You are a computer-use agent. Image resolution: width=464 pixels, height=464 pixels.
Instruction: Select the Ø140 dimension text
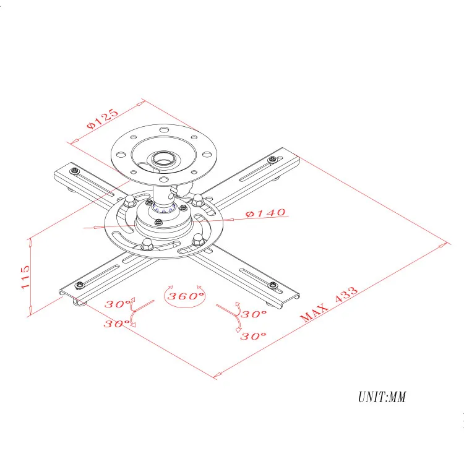coord(265,213)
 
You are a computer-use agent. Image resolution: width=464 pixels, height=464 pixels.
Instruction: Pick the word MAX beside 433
coord(315,313)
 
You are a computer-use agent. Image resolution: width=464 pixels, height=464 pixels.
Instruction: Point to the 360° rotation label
coord(184,296)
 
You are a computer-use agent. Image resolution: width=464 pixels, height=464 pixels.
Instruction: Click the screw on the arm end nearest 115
coord(79,285)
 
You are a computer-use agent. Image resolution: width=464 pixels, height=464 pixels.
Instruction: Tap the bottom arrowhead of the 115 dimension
coord(30,314)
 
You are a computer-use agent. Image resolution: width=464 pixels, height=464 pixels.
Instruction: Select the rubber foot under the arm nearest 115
coord(77,301)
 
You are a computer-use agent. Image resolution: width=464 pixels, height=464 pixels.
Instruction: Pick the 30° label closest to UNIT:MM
coord(253,336)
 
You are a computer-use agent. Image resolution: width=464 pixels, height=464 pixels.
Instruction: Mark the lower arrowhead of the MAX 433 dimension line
coord(216,376)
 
